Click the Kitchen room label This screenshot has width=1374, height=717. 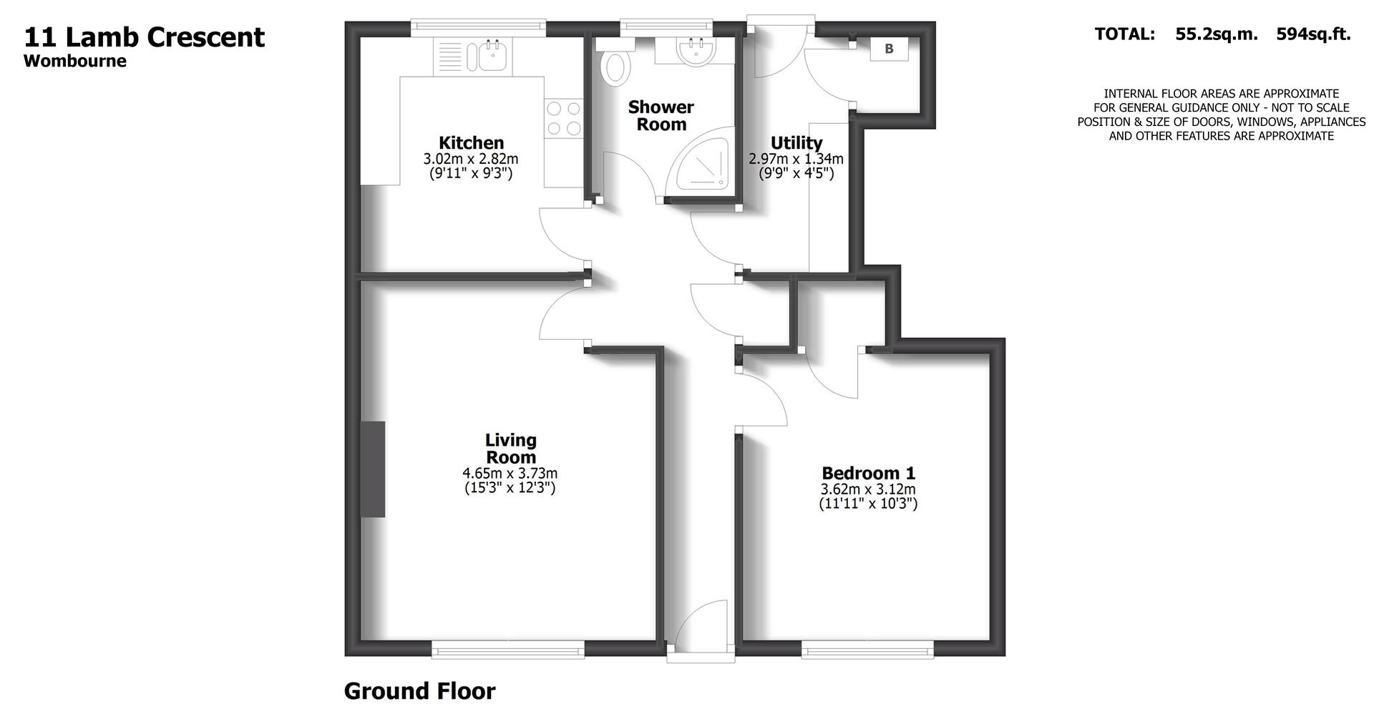pyautogui.click(x=471, y=142)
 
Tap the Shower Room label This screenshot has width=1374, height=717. pyautogui.click(x=661, y=116)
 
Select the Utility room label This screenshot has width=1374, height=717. pyautogui.click(x=796, y=142)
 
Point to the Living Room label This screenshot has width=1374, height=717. pyautogui.click(x=510, y=449)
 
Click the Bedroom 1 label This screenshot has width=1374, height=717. pyautogui.click(x=868, y=473)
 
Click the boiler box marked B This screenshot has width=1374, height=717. pyautogui.click(x=889, y=49)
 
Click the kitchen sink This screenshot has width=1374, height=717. pyautogui.click(x=489, y=56)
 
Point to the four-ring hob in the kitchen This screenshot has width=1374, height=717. pyautogui.click(x=564, y=119)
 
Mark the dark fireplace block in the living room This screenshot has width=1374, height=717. pyautogui.click(x=372, y=469)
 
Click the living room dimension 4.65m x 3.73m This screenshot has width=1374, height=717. pyautogui.click(x=510, y=473)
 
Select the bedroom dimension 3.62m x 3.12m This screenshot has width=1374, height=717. pyautogui.click(x=868, y=489)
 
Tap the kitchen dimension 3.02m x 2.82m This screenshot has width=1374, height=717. pyautogui.click(x=471, y=159)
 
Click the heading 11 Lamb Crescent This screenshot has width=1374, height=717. pyautogui.click(x=145, y=37)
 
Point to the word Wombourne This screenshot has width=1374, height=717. pyautogui.click(x=75, y=62)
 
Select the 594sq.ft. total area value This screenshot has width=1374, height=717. pyautogui.click(x=1313, y=34)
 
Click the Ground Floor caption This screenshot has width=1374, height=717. pyautogui.click(x=419, y=691)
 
